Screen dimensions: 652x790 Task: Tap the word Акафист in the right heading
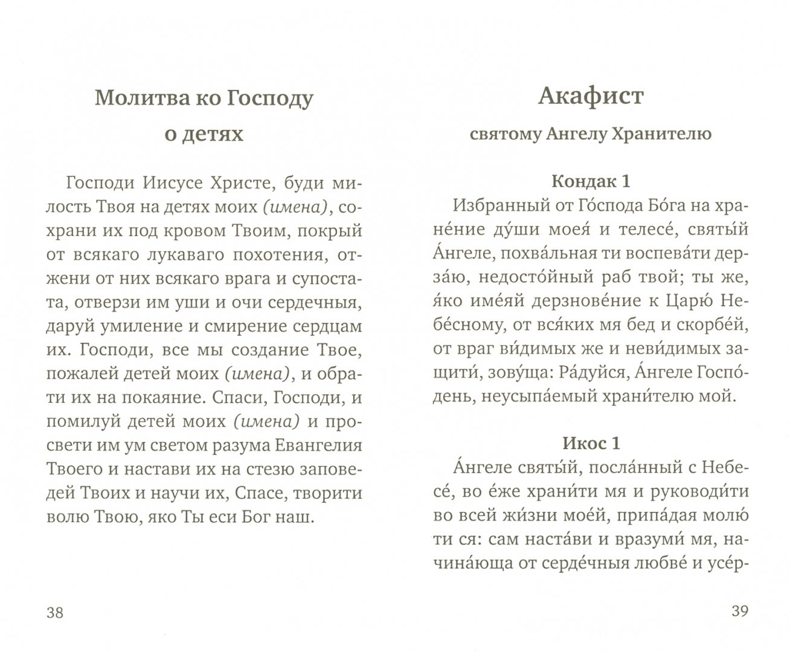tap(591, 96)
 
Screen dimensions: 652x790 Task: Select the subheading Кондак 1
tap(591, 181)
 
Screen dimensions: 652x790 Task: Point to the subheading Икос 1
tap(591, 443)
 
